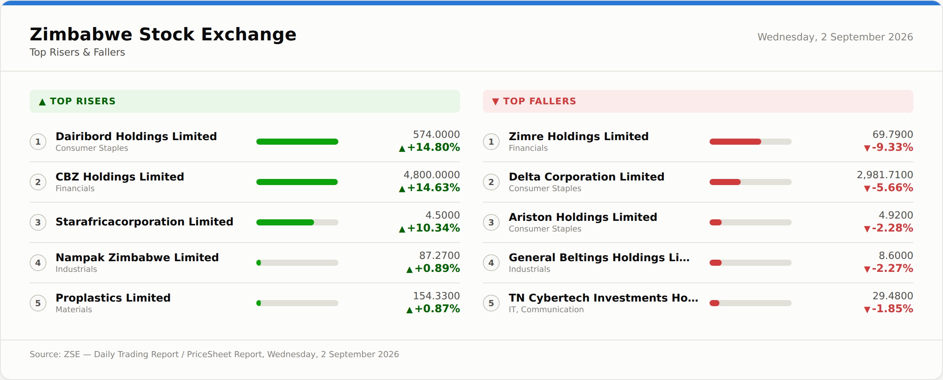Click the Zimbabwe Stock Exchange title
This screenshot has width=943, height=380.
pos(163,34)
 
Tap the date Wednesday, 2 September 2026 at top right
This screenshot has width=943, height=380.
pos(835,37)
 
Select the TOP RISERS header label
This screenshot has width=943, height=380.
pos(83,101)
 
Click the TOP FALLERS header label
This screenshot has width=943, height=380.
pos(540,101)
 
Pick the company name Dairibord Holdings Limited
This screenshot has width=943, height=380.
pos(136,136)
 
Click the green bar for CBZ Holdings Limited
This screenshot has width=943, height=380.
pos(297,182)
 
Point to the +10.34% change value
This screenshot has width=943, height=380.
pos(433,228)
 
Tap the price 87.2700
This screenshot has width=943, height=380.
pos(440,255)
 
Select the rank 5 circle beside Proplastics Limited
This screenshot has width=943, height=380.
pos(38,303)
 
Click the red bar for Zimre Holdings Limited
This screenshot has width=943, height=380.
pos(735,142)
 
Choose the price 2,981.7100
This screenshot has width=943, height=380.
pos(885,175)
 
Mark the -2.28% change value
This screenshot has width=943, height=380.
pos(892,228)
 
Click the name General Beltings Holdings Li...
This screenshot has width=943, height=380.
pos(599,257)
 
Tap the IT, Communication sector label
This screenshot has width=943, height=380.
pos(546,310)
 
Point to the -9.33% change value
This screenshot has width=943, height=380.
pos(892,147)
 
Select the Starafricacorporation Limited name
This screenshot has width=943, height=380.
pos(144,222)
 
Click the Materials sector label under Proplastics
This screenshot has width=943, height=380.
pos(74,310)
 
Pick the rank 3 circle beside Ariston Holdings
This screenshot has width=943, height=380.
pos(491,222)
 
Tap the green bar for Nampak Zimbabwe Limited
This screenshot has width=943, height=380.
pos(259,263)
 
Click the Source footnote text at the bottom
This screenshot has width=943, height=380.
pos(214,354)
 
